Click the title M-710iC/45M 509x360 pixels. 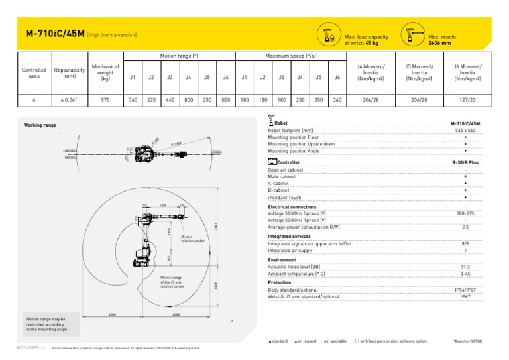(x=54, y=33)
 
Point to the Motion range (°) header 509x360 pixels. (x=179, y=56)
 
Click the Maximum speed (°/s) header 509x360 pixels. (x=290, y=56)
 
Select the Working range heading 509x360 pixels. (x=40, y=125)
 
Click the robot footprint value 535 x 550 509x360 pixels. (x=465, y=131)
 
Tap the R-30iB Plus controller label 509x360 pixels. (x=465, y=162)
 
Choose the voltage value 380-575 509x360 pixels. (x=465, y=214)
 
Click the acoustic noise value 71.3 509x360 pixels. (x=465, y=267)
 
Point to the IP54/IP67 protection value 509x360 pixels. (x=465, y=290)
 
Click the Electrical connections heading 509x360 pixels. (x=292, y=207)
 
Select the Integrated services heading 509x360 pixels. (x=289, y=236)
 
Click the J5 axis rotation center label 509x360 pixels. (x=193, y=239)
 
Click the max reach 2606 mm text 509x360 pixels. (x=439, y=43)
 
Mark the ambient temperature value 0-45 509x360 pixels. (x=465, y=273)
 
